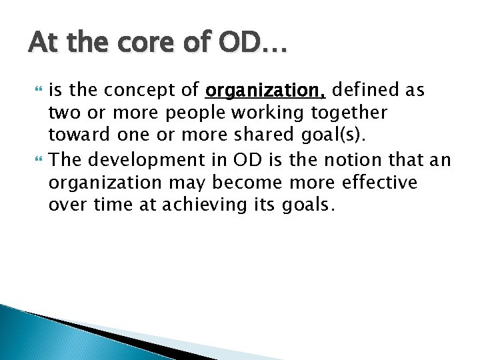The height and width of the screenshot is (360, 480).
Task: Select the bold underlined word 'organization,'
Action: (266, 90)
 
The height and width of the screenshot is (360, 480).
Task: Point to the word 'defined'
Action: (363, 90)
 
